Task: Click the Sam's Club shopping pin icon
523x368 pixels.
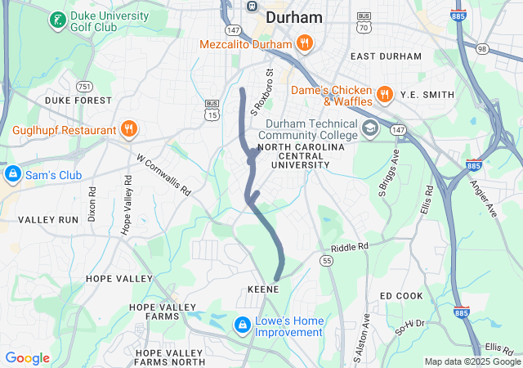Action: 13,174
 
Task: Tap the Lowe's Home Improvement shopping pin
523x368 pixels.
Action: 243,325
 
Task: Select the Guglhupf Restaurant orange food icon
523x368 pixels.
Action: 128,129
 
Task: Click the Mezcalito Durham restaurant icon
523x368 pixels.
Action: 304,43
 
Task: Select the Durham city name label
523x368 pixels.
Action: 270,17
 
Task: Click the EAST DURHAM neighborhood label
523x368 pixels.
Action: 386,56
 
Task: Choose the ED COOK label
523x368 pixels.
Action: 401,295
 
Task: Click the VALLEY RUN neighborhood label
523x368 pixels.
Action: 48,220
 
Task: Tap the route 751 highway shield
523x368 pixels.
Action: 83,86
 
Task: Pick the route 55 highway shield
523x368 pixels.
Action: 327,260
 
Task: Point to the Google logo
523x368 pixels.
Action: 27,358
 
